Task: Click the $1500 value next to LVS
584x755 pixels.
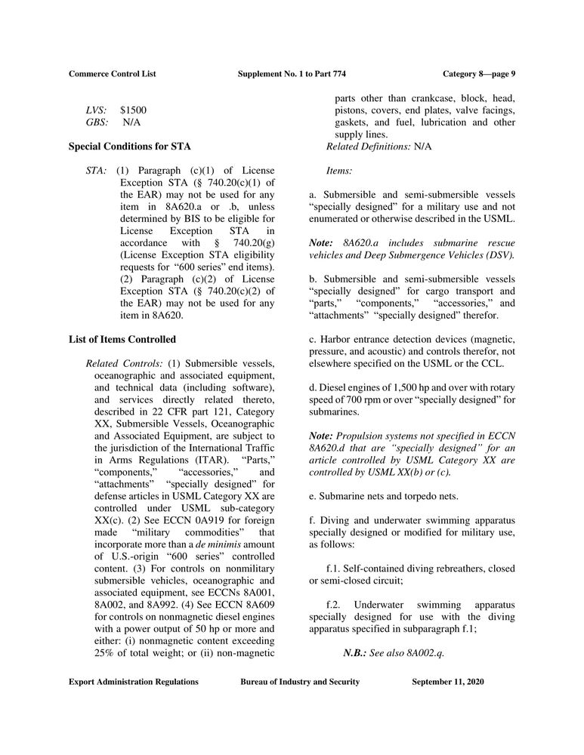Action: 133,110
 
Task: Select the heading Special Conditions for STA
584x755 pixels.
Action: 129,146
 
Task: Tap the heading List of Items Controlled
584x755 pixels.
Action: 122,339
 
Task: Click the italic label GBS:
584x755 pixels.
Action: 97,122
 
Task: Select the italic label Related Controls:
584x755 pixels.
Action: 122,363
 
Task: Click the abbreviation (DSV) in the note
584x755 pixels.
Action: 499,255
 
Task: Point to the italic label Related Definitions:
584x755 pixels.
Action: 369,146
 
